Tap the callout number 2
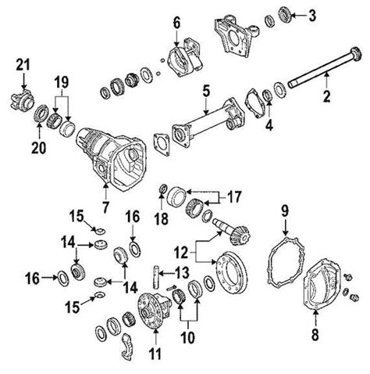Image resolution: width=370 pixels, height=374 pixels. click(x=327, y=98)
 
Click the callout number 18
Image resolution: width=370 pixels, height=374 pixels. click(x=162, y=221)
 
